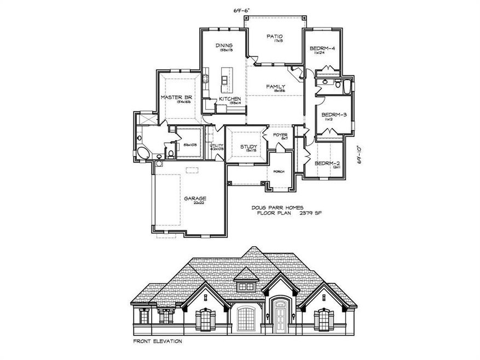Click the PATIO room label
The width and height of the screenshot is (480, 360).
[x=274, y=37]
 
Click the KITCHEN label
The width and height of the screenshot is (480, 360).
[x=229, y=98]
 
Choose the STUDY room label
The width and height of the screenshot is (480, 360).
[x=248, y=147]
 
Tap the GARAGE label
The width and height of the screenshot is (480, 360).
[x=195, y=199]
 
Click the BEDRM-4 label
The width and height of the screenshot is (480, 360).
[x=322, y=48]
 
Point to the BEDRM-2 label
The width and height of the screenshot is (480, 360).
[x=328, y=163]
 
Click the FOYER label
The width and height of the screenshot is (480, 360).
[x=280, y=134]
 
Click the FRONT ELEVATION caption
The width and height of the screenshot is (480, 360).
[x=158, y=341]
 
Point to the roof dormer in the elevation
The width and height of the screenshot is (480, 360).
[x=242, y=286]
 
